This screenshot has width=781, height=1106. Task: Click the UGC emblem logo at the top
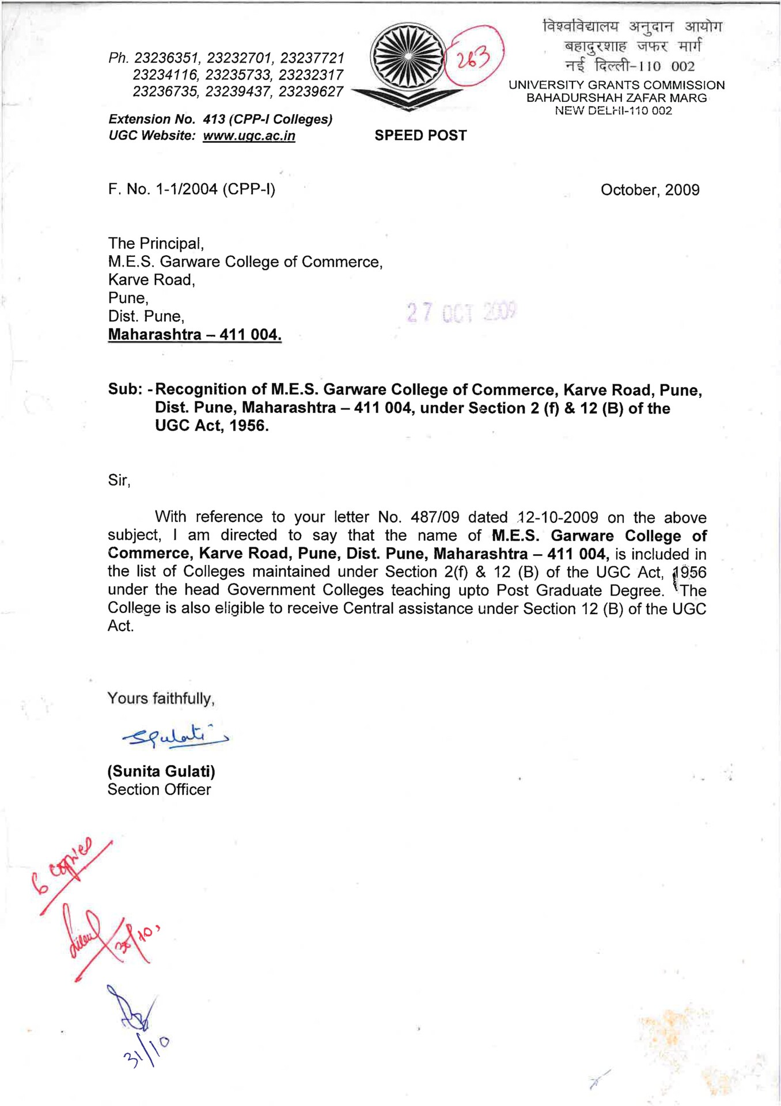tap(408, 68)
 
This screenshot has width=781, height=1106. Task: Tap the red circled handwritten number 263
tap(474, 57)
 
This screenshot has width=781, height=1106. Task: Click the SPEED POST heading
tap(420, 135)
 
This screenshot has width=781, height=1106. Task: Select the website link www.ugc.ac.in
tap(249, 136)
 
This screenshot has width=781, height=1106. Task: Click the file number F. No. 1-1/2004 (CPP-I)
tap(191, 189)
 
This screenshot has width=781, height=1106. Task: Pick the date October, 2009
tap(650, 190)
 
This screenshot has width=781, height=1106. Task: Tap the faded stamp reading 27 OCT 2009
tap(461, 312)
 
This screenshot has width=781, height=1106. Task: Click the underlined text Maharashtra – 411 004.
tap(195, 335)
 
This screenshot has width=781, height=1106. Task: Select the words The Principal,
tap(156, 244)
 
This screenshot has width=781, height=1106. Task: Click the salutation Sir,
tap(119, 480)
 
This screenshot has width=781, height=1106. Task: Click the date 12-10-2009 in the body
tap(558, 517)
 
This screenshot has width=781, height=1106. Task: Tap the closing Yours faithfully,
tap(161, 699)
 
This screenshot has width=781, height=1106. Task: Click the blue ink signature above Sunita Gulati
tap(173, 736)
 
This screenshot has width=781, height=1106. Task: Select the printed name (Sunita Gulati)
tap(161, 771)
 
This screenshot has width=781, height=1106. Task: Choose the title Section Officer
tap(159, 790)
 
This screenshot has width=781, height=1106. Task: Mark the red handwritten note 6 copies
tap(63, 863)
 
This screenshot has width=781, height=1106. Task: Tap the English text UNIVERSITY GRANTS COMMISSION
tap(616, 85)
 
